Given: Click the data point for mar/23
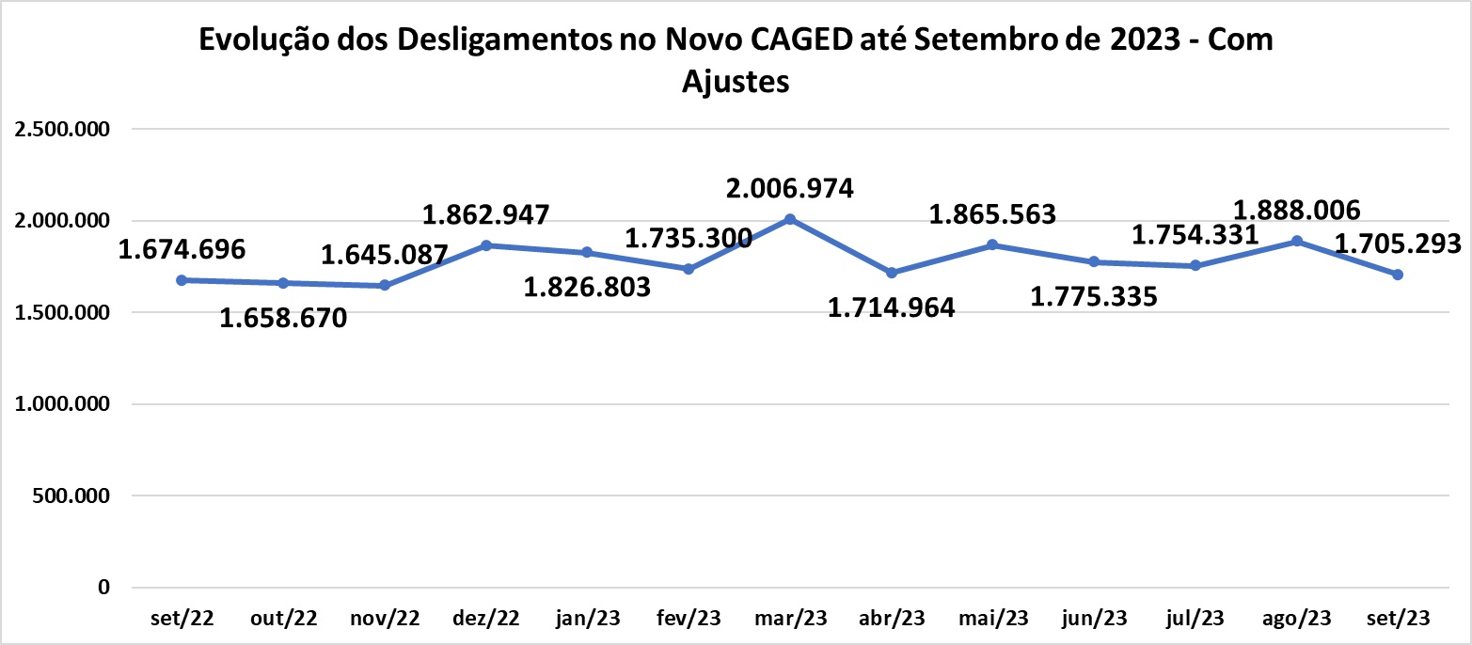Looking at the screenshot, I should coord(790,219).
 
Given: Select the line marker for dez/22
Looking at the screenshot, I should coord(486,245).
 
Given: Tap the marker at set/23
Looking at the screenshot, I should coord(1398,275).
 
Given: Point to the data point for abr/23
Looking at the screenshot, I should coord(892,273).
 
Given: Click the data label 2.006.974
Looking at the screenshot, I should coord(790,188).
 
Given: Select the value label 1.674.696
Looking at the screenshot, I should coord(182,250).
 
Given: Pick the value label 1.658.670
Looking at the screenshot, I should coord(283,318).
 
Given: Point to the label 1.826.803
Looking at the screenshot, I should coord(587,287).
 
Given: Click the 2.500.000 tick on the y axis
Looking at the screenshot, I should coord(63,129).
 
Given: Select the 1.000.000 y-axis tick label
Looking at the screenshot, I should coord(63,404).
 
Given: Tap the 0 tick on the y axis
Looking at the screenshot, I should coord(103,588).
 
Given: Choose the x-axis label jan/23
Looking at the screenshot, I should coord(587,619).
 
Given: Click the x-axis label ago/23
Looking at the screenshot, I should coord(1296,619).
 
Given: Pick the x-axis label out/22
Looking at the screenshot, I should coord(283,619).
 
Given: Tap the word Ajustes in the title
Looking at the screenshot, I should coord(736,82).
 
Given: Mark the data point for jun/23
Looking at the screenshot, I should coord(1094,261).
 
